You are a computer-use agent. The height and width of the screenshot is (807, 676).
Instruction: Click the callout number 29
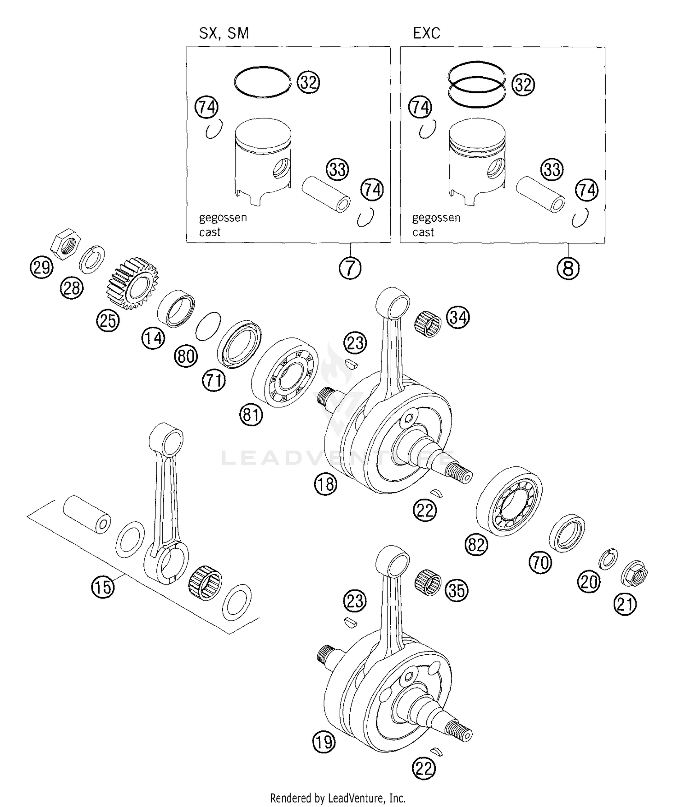[x=41, y=268]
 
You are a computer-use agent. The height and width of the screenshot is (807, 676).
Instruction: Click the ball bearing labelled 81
[x=285, y=372]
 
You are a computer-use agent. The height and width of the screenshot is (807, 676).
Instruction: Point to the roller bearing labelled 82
[x=509, y=502]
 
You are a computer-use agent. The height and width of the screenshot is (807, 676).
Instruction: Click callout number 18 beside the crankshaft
[x=325, y=484]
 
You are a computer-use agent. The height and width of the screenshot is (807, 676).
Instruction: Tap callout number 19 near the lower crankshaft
[x=324, y=742]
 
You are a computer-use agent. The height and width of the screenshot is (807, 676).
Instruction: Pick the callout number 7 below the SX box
[x=350, y=269]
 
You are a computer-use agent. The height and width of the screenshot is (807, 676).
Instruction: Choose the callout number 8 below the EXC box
[x=568, y=269]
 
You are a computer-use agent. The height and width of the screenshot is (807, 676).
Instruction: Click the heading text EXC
[x=426, y=33]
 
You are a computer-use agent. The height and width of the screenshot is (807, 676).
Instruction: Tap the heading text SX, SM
[x=224, y=33]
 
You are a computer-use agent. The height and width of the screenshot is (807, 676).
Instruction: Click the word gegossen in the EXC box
[x=436, y=218]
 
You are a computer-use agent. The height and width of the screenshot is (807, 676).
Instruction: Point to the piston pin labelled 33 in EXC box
[x=540, y=194]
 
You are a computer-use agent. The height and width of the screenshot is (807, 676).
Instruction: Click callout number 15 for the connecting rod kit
[x=103, y=587]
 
